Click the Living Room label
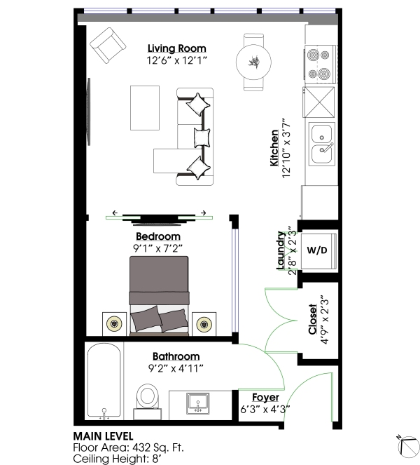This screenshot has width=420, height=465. tap(176, 48)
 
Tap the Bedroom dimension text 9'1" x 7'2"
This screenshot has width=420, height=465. tap(157, 248)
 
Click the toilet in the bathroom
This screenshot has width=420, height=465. tap(148, 402)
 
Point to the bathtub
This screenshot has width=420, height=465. tap(104, 382)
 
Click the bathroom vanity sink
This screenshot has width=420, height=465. tap(197, 403)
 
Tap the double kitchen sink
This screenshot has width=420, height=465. tap(322, 144)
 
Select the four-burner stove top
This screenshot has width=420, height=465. tap(321, 64)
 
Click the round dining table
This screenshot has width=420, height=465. tap(253, 62)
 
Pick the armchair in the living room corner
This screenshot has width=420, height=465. tap(108, 46)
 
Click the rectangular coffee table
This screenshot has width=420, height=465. tap(145, 108)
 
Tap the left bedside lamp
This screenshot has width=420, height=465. tap(114, 323)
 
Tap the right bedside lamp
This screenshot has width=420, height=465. tap(204, 323)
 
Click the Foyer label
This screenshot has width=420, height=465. tap(265, 398)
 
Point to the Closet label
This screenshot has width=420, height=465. tap(312, 319)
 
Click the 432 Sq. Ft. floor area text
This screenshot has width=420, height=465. tap(158, 447)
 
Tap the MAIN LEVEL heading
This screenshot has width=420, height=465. tap(103, 436)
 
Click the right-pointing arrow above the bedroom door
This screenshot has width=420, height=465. tap(203, 213)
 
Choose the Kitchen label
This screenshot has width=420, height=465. tap(274, 148)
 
